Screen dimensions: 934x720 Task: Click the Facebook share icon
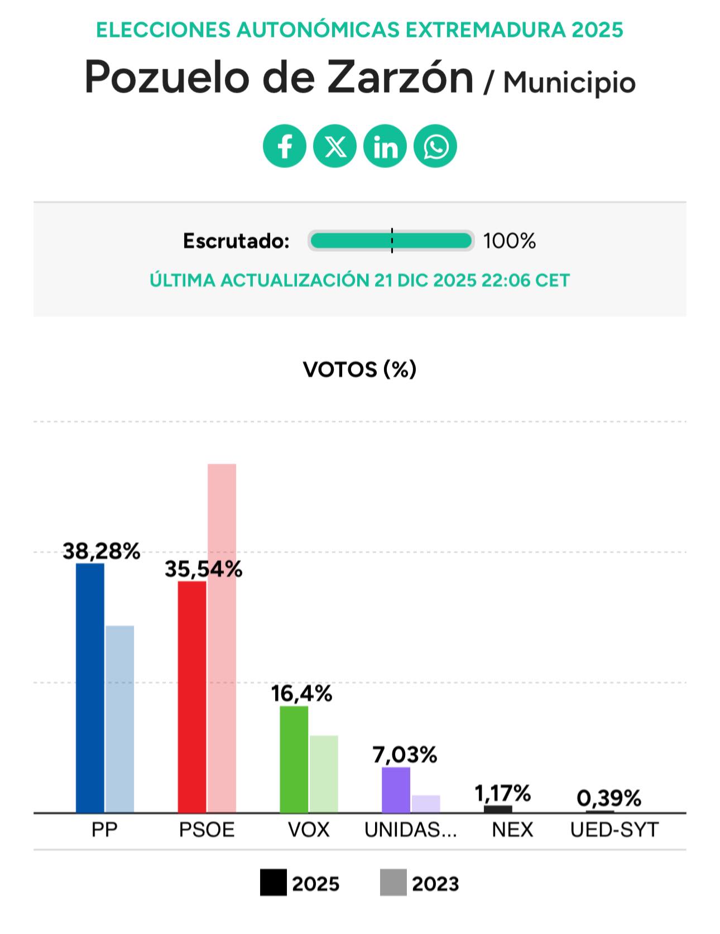tap(285, 146)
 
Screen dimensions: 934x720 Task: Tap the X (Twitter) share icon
tap(335, 146)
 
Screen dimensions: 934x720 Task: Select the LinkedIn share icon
tap(385, 146)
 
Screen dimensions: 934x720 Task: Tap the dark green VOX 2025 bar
tap(294, 759)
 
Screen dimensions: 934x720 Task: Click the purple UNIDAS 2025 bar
tap(396, 789)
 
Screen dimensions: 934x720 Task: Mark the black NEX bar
tap(498, 809)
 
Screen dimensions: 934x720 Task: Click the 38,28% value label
tap(101, 551)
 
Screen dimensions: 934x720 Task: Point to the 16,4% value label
tap(301, 694)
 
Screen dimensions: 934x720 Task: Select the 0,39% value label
tap(609, 798)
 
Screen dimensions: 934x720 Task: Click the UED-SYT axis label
tap(614, 830)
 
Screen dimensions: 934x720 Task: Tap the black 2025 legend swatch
tap(273, 883)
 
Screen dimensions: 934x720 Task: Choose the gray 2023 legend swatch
tap(393, 883)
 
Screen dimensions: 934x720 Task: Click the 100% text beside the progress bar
tap(509, 241)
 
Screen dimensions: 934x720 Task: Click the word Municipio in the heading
tap(569, 83)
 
